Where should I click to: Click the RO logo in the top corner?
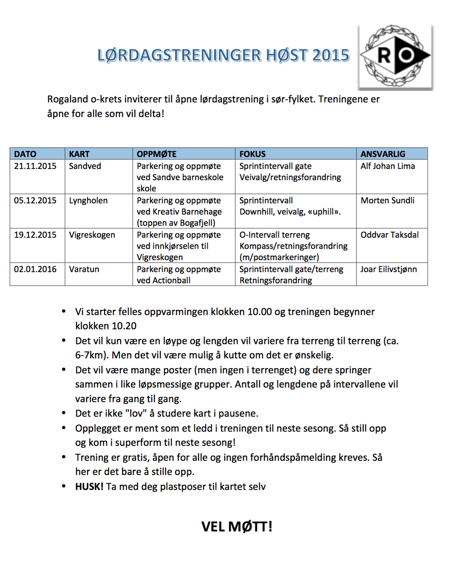(x=395, y=56)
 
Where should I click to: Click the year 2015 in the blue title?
(x=331, y=55)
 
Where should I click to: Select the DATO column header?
(x=25, y=154)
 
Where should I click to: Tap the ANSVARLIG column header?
(x=383, y=154)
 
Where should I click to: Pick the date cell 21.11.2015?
(x=35, y=166)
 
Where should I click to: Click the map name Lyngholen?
(x=88, y=200)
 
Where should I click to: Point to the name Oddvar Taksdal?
(x=390, y=235)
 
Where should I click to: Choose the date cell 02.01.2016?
(x=35, y=269)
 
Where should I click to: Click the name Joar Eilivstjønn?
(x=388, y=269)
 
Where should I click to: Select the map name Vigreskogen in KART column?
(x=92, y=235)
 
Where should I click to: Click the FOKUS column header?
(x=253, y=154)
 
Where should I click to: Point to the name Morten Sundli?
(x=387, y=200)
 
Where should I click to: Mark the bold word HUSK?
(x=89, y=487)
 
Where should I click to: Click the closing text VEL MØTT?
(x=236, y=527)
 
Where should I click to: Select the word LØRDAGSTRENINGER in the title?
(x=180, y=55)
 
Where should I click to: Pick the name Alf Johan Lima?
(x=388, y=166)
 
